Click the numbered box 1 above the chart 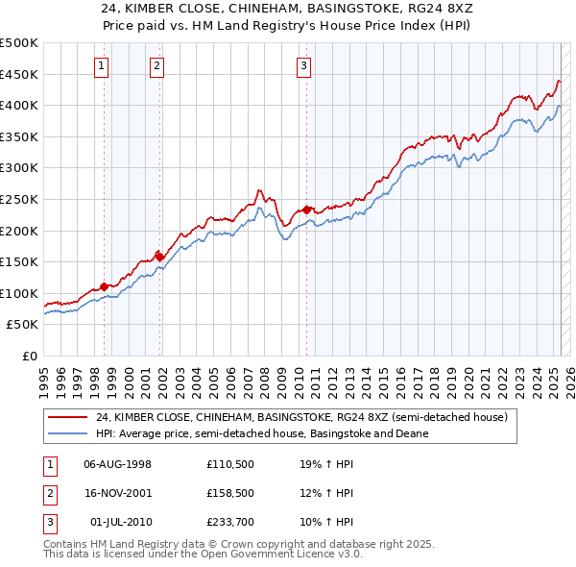pyautogui.click(x=102, y=66)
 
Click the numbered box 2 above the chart pyautogui.click(x=156, y=66)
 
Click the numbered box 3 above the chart pyautogui.click(x=303, y=66)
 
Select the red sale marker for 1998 pyautogui.click(x=105, y=286)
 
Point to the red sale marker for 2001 pyautogui.click(x=160, y=256)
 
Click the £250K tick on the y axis pyautogui.click(x=19, y=199)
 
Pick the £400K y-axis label pyautogui.click(x=19, y=105)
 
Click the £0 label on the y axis pyautogui.click(x=28, y=356)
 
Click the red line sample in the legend pyautogui.click(x=67, y=418)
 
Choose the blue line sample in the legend pyautogui.click(x=67, y=433)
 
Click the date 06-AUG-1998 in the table pyautogui.click(x=118, y=464)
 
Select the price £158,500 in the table pyautogui.click(x=228, y=493)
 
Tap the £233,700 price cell pyautogui.click(x=228, y=522)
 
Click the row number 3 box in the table pyautogui.click(x=49, y=522)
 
